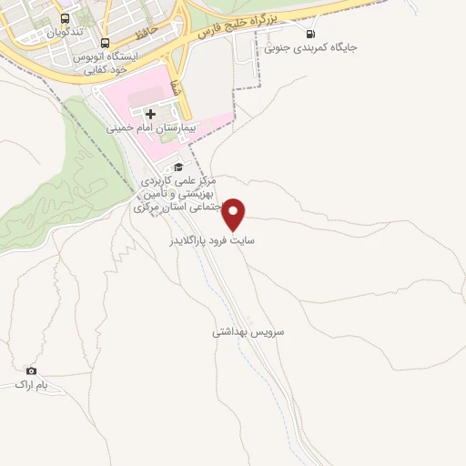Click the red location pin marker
(x=235, y=214)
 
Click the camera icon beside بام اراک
(x=32, y=370)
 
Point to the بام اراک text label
(x=30, y=385)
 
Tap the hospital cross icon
(x=150, y=113)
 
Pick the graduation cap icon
(x=178, y=167)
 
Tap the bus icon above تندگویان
(x=65, y=17)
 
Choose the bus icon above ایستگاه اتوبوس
(x=106, y=43)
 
